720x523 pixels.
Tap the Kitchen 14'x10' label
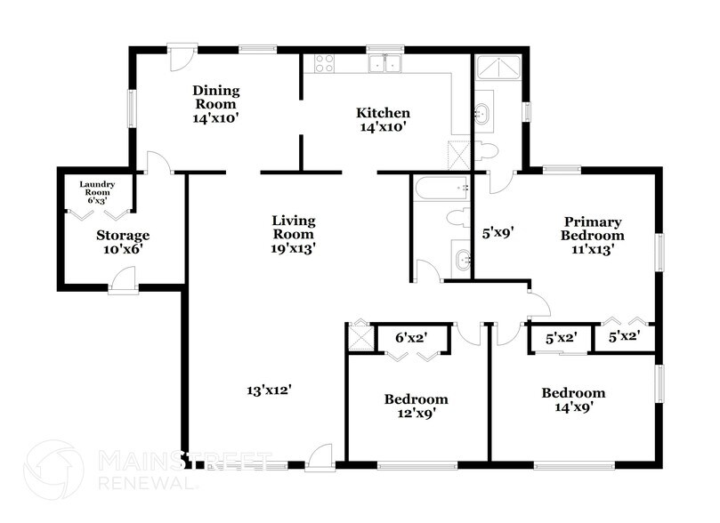point(383,119)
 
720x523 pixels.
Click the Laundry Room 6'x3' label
point(97,192)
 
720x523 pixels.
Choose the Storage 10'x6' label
point(122,243)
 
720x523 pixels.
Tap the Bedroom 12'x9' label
point(416,406)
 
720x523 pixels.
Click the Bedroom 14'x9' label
point(574,399)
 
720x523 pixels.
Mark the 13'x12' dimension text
point(270,390)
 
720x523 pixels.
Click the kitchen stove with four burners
point(324,63)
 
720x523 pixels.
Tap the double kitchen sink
point(388,63)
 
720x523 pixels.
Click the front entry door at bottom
point(317,461)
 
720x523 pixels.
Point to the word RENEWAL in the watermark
point(147,484)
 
